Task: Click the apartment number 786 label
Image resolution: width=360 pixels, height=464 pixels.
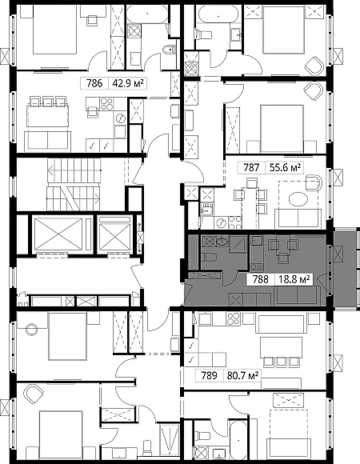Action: [x=94, y=83]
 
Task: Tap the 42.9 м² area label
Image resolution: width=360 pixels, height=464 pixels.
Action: [x=128, y=83]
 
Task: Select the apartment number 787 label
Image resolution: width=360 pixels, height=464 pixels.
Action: [x=251, y=168]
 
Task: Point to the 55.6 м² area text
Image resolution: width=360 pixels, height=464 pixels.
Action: [x=285, y=168]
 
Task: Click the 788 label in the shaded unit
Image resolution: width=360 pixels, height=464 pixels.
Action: [x=260, y=279]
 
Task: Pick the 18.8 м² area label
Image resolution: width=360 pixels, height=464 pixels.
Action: [x=294, y=279]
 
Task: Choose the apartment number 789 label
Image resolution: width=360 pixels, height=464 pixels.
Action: [x=209, y=376]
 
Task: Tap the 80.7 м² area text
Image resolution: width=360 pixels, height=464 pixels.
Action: [x=243, y=376]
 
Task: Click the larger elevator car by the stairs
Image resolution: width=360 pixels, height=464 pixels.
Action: [x=58, y=234]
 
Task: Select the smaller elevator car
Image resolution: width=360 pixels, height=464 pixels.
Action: [x=114, y=234]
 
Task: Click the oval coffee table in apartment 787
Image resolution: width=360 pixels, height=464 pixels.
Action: [x=298, y=199]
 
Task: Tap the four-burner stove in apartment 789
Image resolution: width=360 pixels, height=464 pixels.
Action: [x=234, y=319]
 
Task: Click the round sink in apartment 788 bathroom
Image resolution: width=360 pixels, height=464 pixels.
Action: [x=222, y=242]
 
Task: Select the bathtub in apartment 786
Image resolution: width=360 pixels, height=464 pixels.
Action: [x=146, y=14]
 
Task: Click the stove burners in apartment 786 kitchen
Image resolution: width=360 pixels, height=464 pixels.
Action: [x=106, y=104]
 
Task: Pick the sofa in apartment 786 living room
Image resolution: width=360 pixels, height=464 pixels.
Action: [x=48, y=141]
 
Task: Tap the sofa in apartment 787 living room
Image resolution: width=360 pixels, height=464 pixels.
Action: [x=298, y=218]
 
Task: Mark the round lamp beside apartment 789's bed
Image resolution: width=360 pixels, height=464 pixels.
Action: [x=32, y=329]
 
